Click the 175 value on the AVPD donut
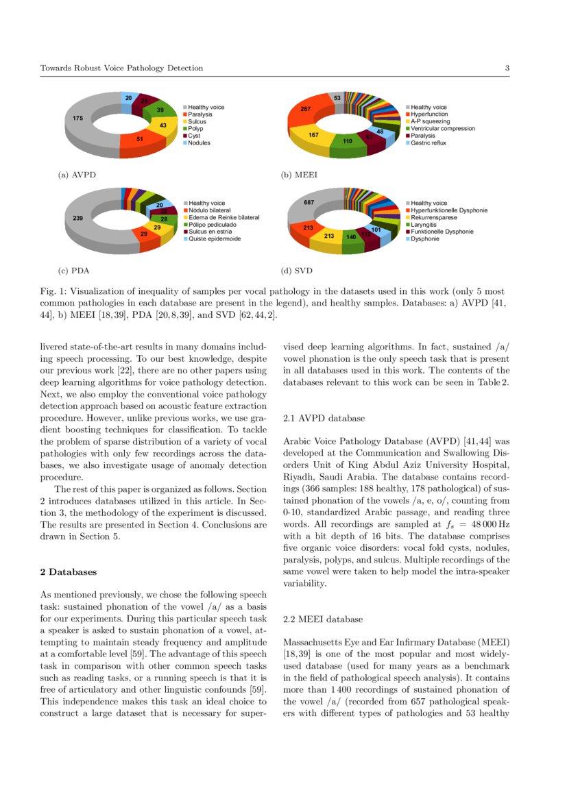[77, 119]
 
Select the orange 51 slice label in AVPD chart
[140, 139]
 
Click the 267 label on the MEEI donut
[306, 110]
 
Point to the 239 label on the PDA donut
[77, 217]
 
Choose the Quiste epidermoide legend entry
[214, 238]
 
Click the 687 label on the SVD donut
[309, 202]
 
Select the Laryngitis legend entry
[425, 224]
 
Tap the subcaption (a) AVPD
[77, 175]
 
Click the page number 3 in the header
[507, 68]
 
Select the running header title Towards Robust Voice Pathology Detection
[121, 68]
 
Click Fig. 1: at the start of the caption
[51, 291]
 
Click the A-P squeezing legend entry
[430, 121]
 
